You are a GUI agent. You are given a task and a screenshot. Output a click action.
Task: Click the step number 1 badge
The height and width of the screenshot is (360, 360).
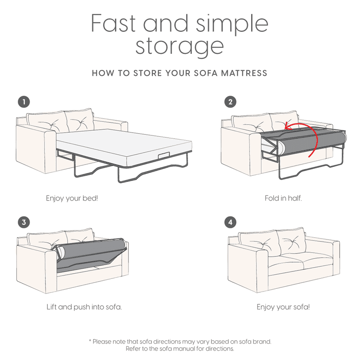click(x=23, y=101)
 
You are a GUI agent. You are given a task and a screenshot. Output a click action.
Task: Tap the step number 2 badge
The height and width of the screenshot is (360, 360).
click(x=230, y=101)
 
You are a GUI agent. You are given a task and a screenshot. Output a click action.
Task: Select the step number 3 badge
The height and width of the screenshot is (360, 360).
click(x=23, y=222)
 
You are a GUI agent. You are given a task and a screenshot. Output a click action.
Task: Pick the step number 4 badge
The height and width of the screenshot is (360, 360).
click(x=230, y=222)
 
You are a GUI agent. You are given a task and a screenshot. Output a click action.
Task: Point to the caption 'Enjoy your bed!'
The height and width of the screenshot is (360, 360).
click(x=72, y=198)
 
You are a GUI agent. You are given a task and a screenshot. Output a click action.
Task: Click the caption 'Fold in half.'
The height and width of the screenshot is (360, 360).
click(x=283, y=198)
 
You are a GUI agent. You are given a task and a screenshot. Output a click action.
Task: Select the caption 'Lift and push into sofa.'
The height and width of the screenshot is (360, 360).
click(x=84, y=307)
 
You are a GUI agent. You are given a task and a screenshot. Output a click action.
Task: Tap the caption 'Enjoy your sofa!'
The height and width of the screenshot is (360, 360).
click(x=283, y=307)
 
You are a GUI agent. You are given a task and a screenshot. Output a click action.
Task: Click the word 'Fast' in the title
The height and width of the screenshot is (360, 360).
click(x=113, y=23)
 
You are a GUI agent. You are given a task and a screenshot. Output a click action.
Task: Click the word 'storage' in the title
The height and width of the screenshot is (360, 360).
click(x=180, y=46)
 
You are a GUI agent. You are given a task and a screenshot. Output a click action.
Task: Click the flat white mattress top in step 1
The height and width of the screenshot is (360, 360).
click(x=122, y=141)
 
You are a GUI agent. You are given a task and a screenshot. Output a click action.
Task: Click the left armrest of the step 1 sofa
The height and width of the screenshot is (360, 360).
click(x=35, y=145)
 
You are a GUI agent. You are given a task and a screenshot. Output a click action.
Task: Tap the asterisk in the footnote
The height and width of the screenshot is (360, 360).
click(x=90, y=341)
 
